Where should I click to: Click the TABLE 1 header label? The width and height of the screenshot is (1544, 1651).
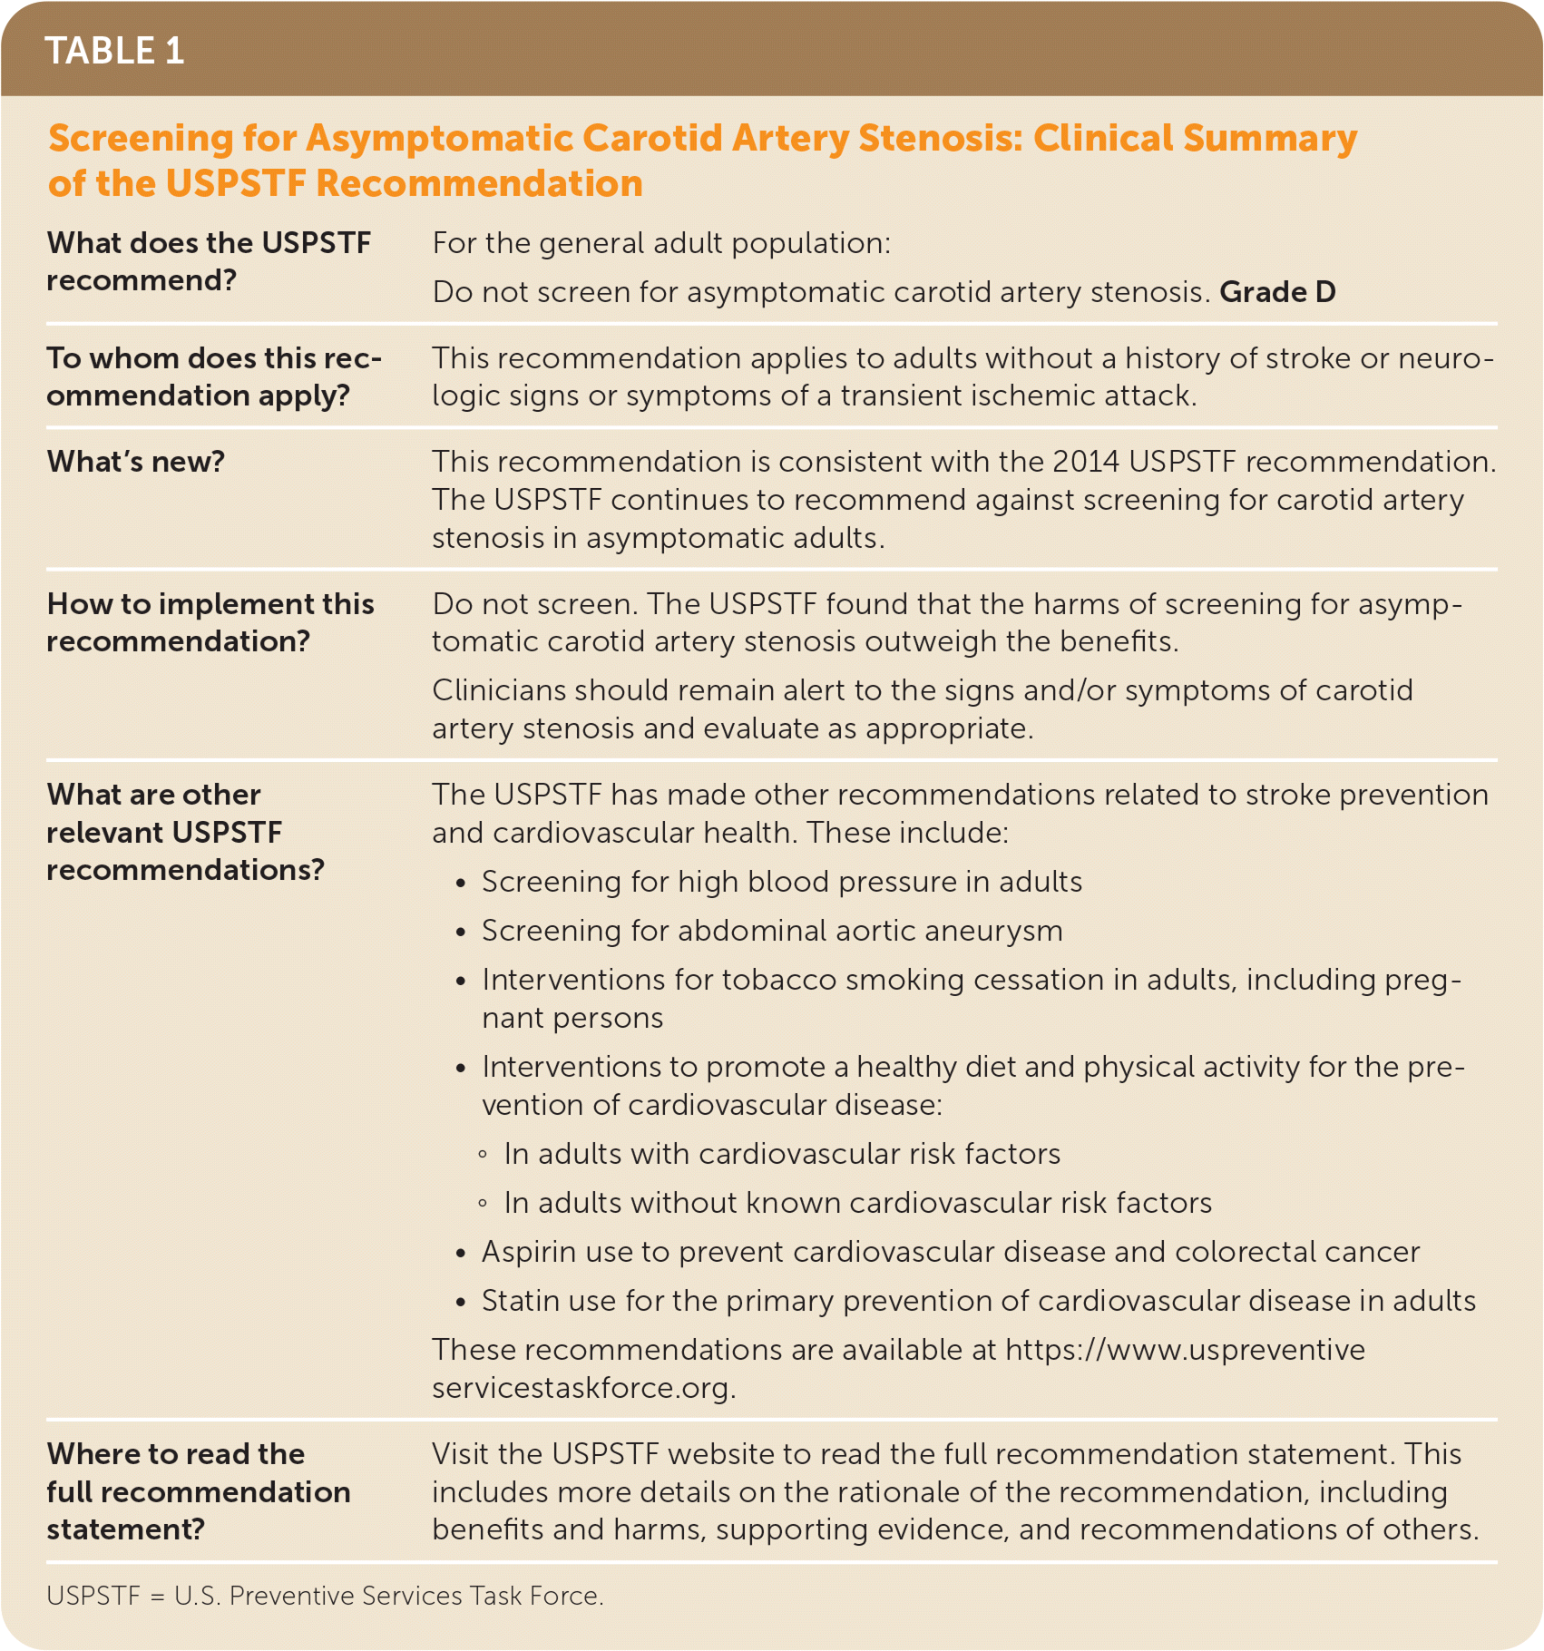click(114, 51)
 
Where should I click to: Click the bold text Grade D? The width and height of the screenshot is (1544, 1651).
click(1277, 292)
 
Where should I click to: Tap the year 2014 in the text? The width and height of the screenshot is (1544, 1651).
click(1086, 462)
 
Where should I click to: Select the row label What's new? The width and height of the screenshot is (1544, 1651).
click(136, 462)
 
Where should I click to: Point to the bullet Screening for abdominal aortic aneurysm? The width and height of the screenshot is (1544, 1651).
click(771, 931)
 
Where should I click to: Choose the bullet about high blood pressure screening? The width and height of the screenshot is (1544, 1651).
click(781, 882)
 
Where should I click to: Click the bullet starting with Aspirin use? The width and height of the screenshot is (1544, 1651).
click(950, 1252)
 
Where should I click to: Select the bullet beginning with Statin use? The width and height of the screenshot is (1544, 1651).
click(978, 1301)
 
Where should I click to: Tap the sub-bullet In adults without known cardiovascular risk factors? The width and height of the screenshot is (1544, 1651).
click(857, 1203)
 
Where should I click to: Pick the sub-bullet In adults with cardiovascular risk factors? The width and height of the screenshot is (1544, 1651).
click(782, 1154)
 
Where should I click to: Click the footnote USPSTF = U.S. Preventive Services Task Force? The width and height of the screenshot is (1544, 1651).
click(325, 1596)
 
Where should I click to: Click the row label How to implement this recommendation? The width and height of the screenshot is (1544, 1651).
click(210, 622)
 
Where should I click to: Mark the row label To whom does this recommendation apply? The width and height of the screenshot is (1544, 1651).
click(214, 376)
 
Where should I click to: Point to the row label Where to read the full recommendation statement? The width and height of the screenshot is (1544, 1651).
click(198, 1491)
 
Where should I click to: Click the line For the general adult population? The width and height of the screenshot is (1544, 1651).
click(661, 243)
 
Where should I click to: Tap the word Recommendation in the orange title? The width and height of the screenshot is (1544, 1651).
click(479, 184)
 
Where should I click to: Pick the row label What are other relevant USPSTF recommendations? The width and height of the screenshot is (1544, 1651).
click(185, 832)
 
